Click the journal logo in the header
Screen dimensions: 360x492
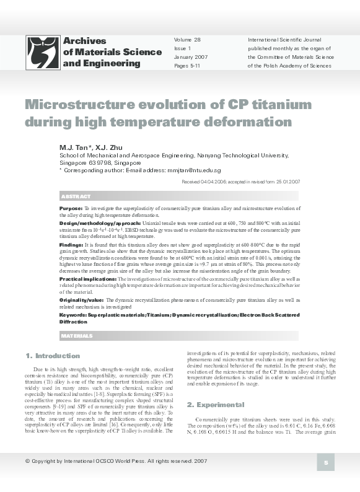point(43,52)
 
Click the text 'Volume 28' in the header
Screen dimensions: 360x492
point(187,40)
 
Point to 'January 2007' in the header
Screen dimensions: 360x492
point(191,57)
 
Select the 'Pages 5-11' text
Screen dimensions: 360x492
point(188,66)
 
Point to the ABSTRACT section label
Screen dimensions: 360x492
point(77,196)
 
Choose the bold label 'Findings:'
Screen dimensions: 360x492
point(71,245)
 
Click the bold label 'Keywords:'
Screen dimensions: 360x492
point(72,315)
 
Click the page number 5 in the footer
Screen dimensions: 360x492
point(325,462)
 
